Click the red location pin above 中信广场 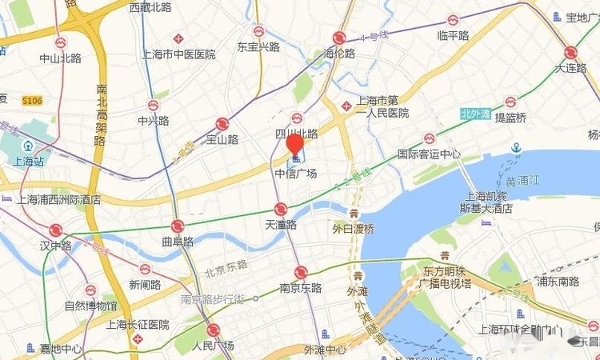click(294, 144)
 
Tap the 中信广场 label click(296, 174)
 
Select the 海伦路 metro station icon click(339, 38)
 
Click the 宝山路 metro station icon click(222, 124)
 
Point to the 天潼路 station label click(281, 225)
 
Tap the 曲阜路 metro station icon click(177, 226)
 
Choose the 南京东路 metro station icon click(301, 273)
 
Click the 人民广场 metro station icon click(213, 330)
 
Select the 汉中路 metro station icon click(55, 230)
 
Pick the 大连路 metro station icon click(570, 53)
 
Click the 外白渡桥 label click(353, 229)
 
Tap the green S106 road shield click(32, 100)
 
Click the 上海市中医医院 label click(178, 54)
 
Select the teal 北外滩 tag click(475, 114)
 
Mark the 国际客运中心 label click(430, 154)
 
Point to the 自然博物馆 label click(90, 305)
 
